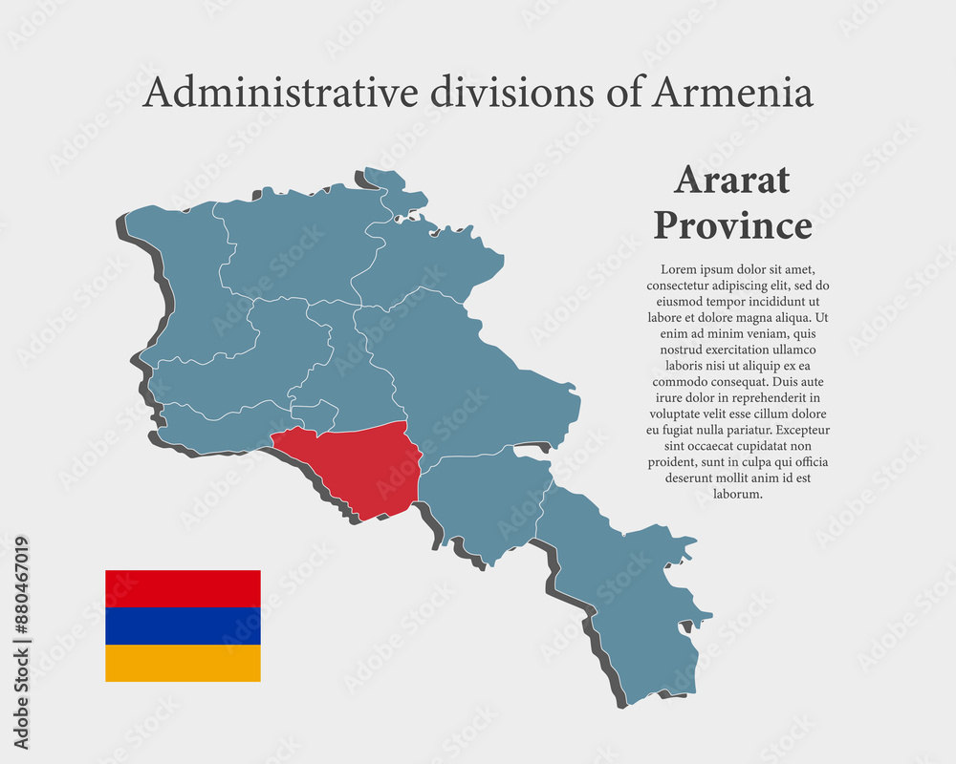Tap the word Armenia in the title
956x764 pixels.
click(733, 93)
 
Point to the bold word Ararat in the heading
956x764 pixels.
click(731, 180)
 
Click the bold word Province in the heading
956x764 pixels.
click(731, 226)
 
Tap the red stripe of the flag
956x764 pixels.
click(183, 588)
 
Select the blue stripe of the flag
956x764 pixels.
click(183, 626)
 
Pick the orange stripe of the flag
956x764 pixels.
click(183, 663)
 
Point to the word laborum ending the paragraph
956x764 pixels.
click(737, 494)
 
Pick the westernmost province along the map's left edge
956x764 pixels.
click(182, 277)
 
